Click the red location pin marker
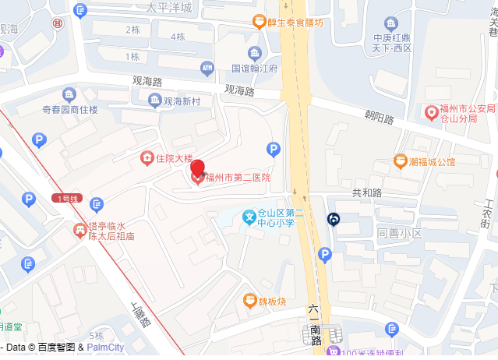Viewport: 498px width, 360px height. pos(198,169)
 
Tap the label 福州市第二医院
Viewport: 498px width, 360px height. pos(238,178)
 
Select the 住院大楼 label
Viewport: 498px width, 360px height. pos(173,158)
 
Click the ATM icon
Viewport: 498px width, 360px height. pos(207,69)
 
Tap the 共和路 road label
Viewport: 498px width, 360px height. pos(366,192)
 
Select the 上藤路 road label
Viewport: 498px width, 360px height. pos(140,316)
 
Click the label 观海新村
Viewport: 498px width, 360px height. pos(182,101)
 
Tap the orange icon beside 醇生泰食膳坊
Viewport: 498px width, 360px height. pos(258,22)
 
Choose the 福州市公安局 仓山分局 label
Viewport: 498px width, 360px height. pos(467,114)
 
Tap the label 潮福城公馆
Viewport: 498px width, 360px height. pos(431,162)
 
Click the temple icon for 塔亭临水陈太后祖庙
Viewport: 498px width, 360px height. pos(79,230)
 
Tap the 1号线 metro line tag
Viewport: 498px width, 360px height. pos(69,199)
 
